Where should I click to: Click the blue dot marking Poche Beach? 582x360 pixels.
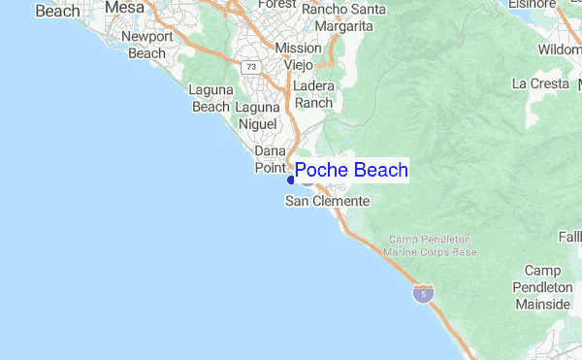pyautogui.click(x=291, y=180)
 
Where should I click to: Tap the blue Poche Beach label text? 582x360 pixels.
pyautogui.click(x=350, y=172)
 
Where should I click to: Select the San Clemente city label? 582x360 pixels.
pyautogui.click(x=327, y=201)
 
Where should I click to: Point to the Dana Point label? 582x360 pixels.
pyautogui.click(x=270, y=159)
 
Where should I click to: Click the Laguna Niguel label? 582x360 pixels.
pyautogui.click(x=257, y=115)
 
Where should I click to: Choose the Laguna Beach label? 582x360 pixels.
pyautogui.click(x=210, y=98)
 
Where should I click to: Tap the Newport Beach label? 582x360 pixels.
pyautogui.click(x=147, y=46)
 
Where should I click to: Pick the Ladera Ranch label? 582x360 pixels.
pyautogui.click(x=313, y=94)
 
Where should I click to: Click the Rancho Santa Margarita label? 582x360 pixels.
pyautogui.click(x=343, y=17)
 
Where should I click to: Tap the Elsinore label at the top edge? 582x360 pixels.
pyautogui.click(x=533, y=4)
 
